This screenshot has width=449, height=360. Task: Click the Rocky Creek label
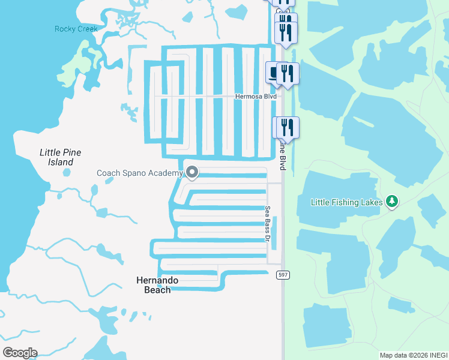tap(76, 29)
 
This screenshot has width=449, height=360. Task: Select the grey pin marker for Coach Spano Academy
tap(192, 173)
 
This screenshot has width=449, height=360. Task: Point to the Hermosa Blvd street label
tap(256, 97)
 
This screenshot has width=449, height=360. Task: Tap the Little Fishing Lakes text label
tap(346, 202)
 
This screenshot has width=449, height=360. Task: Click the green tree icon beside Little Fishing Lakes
tap(392, 201)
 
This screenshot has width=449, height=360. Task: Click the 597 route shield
tap(283, 274)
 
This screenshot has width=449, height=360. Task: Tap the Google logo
tap(20, 353)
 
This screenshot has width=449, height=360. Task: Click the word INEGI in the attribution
tap(438, 355)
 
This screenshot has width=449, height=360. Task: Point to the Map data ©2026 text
tap(402, 355)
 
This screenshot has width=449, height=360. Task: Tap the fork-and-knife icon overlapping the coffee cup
tap(288, 74)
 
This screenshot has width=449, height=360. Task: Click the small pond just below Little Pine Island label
tap(66, 173)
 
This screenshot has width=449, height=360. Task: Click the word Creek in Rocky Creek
tap(87, 29)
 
